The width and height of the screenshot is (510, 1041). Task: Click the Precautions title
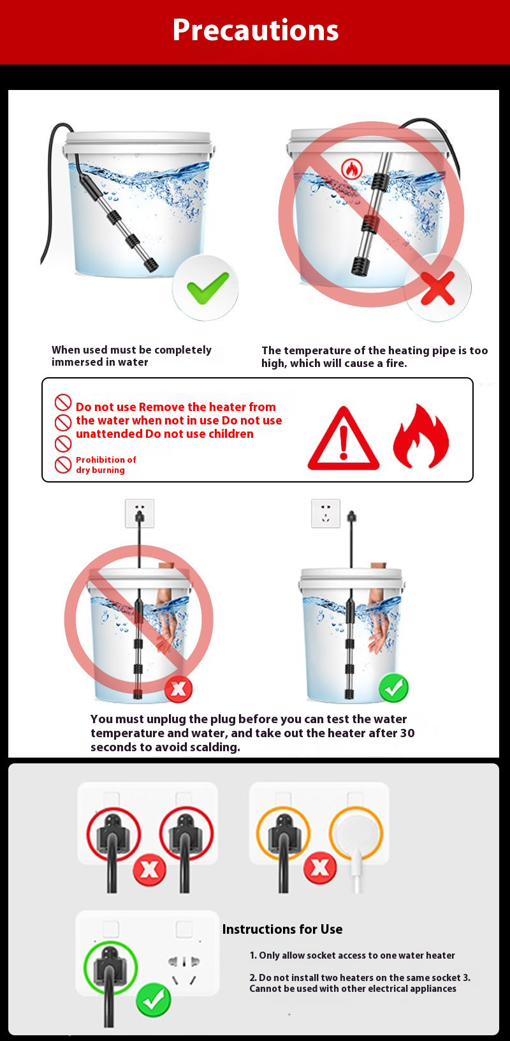click(x=255, y=30)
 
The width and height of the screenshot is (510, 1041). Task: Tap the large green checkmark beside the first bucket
click(x=207, y=288)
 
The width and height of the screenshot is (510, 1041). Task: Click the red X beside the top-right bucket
click(x=437, y=288)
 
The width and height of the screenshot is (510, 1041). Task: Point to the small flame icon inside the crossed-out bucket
click(x=352, y=169)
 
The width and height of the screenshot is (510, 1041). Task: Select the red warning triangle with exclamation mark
click(x=344, y=438)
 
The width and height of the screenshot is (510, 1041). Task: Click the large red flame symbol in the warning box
click(x=421, y=436)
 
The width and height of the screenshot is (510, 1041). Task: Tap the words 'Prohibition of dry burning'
click(x=106, y=465)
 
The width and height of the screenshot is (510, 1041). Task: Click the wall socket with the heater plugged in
click(x=139, y=513)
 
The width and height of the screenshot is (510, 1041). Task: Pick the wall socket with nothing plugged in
click(x=326, y=513)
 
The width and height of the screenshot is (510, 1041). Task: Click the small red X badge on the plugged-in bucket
click(x=178, y=688)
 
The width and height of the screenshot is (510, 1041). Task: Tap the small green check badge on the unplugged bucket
click(x=393, y=687)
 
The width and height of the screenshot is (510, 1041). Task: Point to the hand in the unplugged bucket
click(x=379, y=622)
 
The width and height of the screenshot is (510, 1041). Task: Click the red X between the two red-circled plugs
click(x=149, y=868)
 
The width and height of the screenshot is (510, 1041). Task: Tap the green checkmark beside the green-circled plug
click(x=154, y=1000)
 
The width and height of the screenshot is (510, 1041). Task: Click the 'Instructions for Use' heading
click(x=282, y=929)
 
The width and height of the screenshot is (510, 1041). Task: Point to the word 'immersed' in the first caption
click(x=73, y=362)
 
